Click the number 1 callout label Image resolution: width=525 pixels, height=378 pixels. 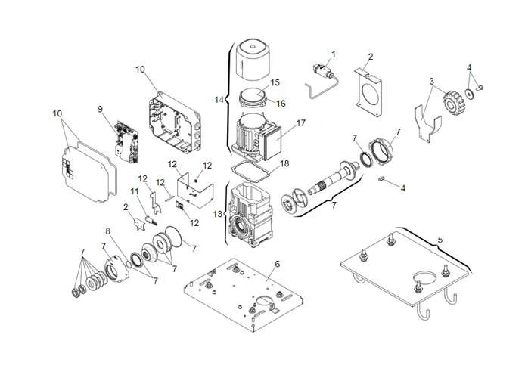pyautogui.click(x=334, y=54)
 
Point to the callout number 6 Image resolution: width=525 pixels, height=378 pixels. pyautogui.click(x=277, y=263)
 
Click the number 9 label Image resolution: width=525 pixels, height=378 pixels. pyautogui.click(x=99, y=109)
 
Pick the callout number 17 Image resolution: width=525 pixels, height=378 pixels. pyautogui.click(x=300, y=122)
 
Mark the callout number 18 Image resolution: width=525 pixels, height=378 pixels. pyautogui.click(x=284, y=163)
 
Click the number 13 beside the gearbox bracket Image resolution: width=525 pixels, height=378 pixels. pyautogui.click(x=219, y=214)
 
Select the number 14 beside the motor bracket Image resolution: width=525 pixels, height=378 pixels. pyautogui.click(x=219, y=99)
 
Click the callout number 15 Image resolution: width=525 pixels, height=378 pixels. pyautogui.click(x=275, y=82)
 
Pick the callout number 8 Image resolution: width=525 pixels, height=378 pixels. pyautogui.click(x=108, y=231)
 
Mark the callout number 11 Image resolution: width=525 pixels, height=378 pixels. pyautogui.click(x=134, y=193)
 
